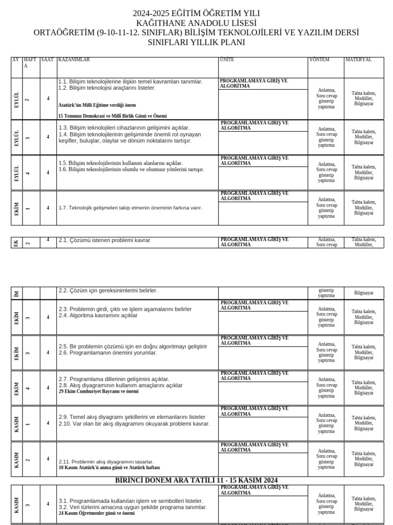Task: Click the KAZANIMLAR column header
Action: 74,60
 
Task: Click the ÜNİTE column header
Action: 227,60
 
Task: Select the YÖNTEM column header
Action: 319,60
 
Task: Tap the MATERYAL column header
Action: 359,60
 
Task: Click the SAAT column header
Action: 47,60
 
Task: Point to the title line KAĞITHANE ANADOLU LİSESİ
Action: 196,23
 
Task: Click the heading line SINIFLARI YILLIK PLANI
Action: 196,43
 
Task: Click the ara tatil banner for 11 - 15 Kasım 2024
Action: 197,480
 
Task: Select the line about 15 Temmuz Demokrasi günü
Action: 113,116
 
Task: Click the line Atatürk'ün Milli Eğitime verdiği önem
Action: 97,105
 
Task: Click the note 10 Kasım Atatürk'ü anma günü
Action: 109,468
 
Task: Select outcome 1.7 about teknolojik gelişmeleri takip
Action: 130,208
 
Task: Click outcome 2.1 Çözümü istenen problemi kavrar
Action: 104,240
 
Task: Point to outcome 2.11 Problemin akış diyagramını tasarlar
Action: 106,462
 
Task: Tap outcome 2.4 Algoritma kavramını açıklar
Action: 98,315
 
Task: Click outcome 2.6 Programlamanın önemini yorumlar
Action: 107,353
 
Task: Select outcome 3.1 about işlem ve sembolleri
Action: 130,501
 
